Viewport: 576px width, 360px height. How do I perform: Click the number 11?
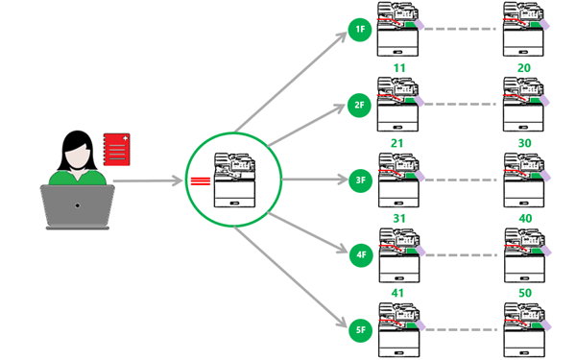399,68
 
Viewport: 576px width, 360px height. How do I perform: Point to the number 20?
525,68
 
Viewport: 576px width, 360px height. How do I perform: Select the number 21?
399,143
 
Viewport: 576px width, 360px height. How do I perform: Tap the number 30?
525,143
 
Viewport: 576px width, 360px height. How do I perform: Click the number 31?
399,218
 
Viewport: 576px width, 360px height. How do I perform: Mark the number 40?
525,218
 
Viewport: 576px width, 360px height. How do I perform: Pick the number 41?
399,292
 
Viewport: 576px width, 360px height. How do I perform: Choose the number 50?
525,292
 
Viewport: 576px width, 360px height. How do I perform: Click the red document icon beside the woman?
116,150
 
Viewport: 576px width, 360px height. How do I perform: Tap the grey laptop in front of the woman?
77,205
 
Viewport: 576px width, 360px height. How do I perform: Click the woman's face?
77,152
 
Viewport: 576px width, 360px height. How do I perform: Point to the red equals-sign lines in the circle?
201,180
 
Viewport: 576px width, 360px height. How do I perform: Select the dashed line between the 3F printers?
462,180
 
